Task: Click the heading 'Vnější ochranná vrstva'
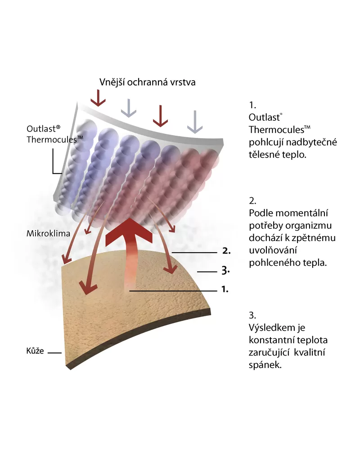tap(147, 82)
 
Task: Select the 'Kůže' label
tap(35, 350)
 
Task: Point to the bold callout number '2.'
tap(226, 251)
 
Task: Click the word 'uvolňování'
tap(270, 250)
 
